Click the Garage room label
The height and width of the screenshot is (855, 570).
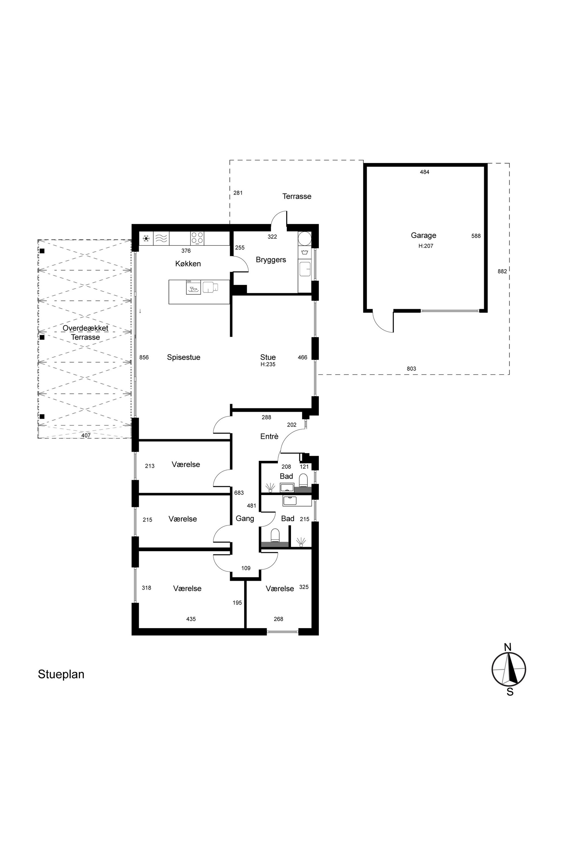click(x=423, y=236)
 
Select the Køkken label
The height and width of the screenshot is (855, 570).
click(x=188, y=263)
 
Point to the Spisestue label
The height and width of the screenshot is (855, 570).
click(x=184, y=357)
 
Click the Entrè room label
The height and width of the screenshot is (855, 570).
click(x=269, y=437)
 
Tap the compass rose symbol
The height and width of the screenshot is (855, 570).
click(x=509, y=669)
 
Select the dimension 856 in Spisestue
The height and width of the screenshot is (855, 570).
click(x=144, y=357)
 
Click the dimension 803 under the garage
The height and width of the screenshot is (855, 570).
click(x=411, y=369)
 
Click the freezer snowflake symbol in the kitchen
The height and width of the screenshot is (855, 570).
click(x=146, y=238)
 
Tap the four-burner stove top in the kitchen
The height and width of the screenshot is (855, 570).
click(x=197, y=238)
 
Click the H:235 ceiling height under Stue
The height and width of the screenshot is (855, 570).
click(x=268, y=364)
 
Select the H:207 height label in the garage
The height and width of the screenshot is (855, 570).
click(x=426, y=246)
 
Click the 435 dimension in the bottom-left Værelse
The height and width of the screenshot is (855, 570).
click(x=191, y=619)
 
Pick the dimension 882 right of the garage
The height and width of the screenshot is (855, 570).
click(x=502, y=271)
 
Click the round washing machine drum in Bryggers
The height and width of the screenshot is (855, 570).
click(x=305, y=238)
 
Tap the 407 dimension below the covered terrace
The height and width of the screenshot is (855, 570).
click(x=86, y=435)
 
